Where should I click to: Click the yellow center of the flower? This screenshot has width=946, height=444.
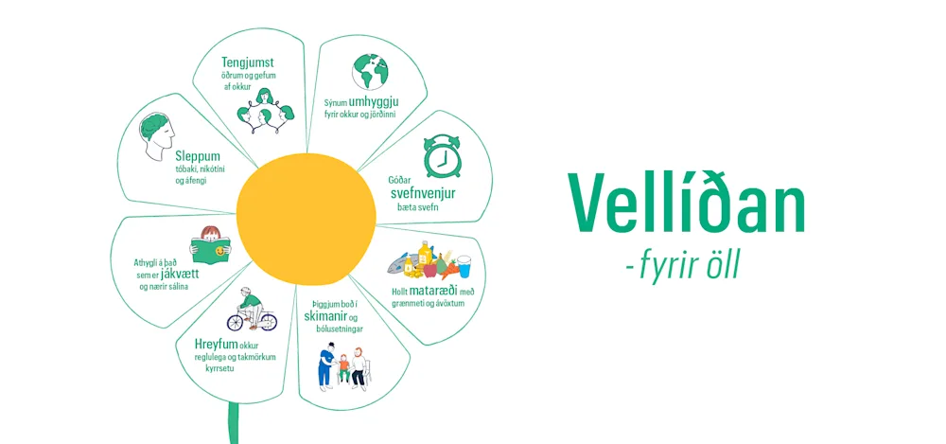(x=306, y=219)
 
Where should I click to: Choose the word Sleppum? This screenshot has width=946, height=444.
(x=197, y=154)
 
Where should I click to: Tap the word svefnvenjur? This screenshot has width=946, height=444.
(x=423, y=193)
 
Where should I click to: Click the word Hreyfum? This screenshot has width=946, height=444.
(x=215, y=344)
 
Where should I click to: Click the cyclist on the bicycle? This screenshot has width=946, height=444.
(x=252, y=310)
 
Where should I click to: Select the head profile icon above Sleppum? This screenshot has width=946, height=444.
(x=154, y=135)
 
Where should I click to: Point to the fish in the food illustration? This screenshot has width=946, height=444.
(x=400, y=259)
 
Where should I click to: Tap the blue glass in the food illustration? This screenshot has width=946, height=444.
(x=464, y=265)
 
